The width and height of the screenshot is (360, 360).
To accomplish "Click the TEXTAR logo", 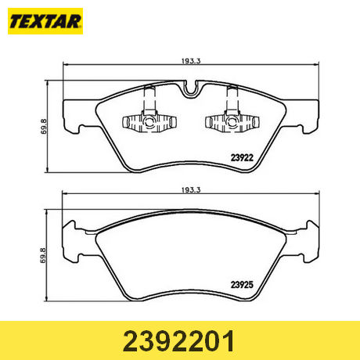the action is pyautogui.click(x=45, y=21).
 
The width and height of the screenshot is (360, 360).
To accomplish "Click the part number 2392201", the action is pyautogui.click(x=178, y=341).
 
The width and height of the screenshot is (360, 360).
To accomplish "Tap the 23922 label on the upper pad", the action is pyautogui.click(x=242, y=157).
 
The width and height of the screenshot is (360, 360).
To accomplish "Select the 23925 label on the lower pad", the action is pyautogui.click(x=242, y=285).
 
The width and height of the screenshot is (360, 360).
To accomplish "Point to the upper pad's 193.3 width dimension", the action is pyautogui.click(x=191, y=61).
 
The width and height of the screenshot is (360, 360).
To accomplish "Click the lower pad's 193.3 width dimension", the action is pyautogui.click(x=191, y=190).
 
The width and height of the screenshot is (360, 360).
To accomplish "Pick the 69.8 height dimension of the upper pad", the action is pyautogui.click(x=43, y=127).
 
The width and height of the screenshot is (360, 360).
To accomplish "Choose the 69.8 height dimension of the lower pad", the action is pyautogui.click(x=43, y=255).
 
